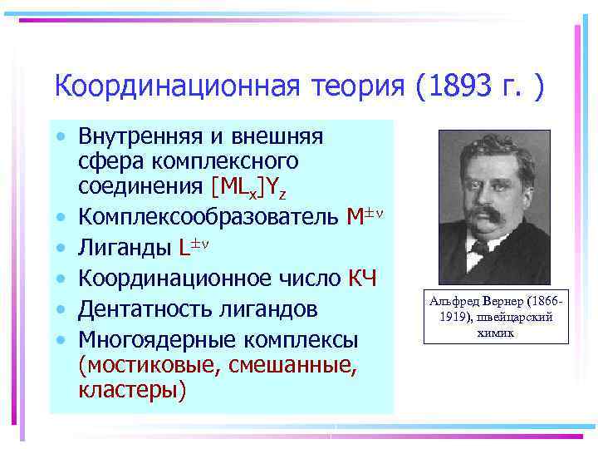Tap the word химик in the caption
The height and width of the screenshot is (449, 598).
click(x=497, y=332)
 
